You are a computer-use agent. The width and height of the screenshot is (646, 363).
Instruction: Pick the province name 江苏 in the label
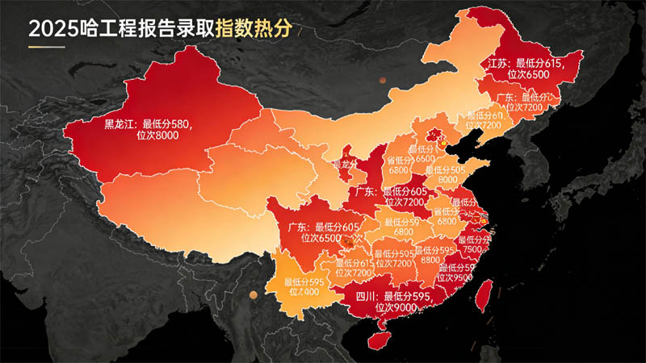pyautogui.click(x=499, y=62)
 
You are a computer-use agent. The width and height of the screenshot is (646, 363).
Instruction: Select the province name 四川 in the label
pyautogui.click(x=367, y=296)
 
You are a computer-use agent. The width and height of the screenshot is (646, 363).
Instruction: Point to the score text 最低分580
pyautogui.click(x=168, y=124)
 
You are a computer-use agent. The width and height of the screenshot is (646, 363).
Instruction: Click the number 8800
pyautogui.click(x=430, y=261)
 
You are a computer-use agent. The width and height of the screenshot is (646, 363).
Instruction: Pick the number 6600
pyautogui.click(x=425, y=159)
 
